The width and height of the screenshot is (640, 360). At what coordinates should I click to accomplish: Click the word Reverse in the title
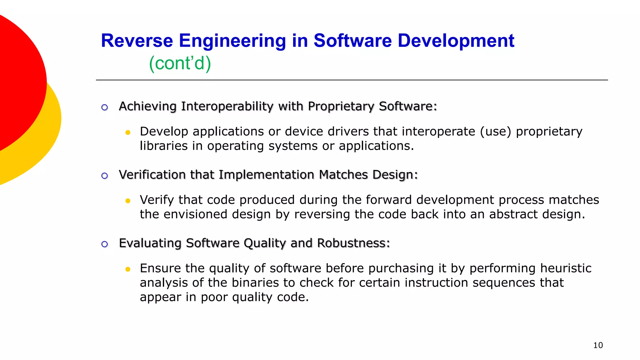137,41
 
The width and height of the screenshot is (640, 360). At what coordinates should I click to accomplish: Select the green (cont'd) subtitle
180,63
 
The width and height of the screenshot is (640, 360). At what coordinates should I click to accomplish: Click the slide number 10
598,345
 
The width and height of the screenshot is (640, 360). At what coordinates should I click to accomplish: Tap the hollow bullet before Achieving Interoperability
105,107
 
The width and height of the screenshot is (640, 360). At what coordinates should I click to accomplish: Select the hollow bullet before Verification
105,176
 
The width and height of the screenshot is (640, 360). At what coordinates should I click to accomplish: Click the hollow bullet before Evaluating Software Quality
105,244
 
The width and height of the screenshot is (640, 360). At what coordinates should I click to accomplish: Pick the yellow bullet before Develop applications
127,132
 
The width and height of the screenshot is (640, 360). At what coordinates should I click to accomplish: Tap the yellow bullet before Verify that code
127,201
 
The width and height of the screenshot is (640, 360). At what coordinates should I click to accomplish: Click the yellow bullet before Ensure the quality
127,269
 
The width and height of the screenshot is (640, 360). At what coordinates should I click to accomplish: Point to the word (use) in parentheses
496,132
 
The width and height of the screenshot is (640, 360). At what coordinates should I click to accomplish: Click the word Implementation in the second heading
266,175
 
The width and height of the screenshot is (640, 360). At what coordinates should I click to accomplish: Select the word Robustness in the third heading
353,243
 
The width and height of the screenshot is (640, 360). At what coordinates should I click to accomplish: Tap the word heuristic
566,268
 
